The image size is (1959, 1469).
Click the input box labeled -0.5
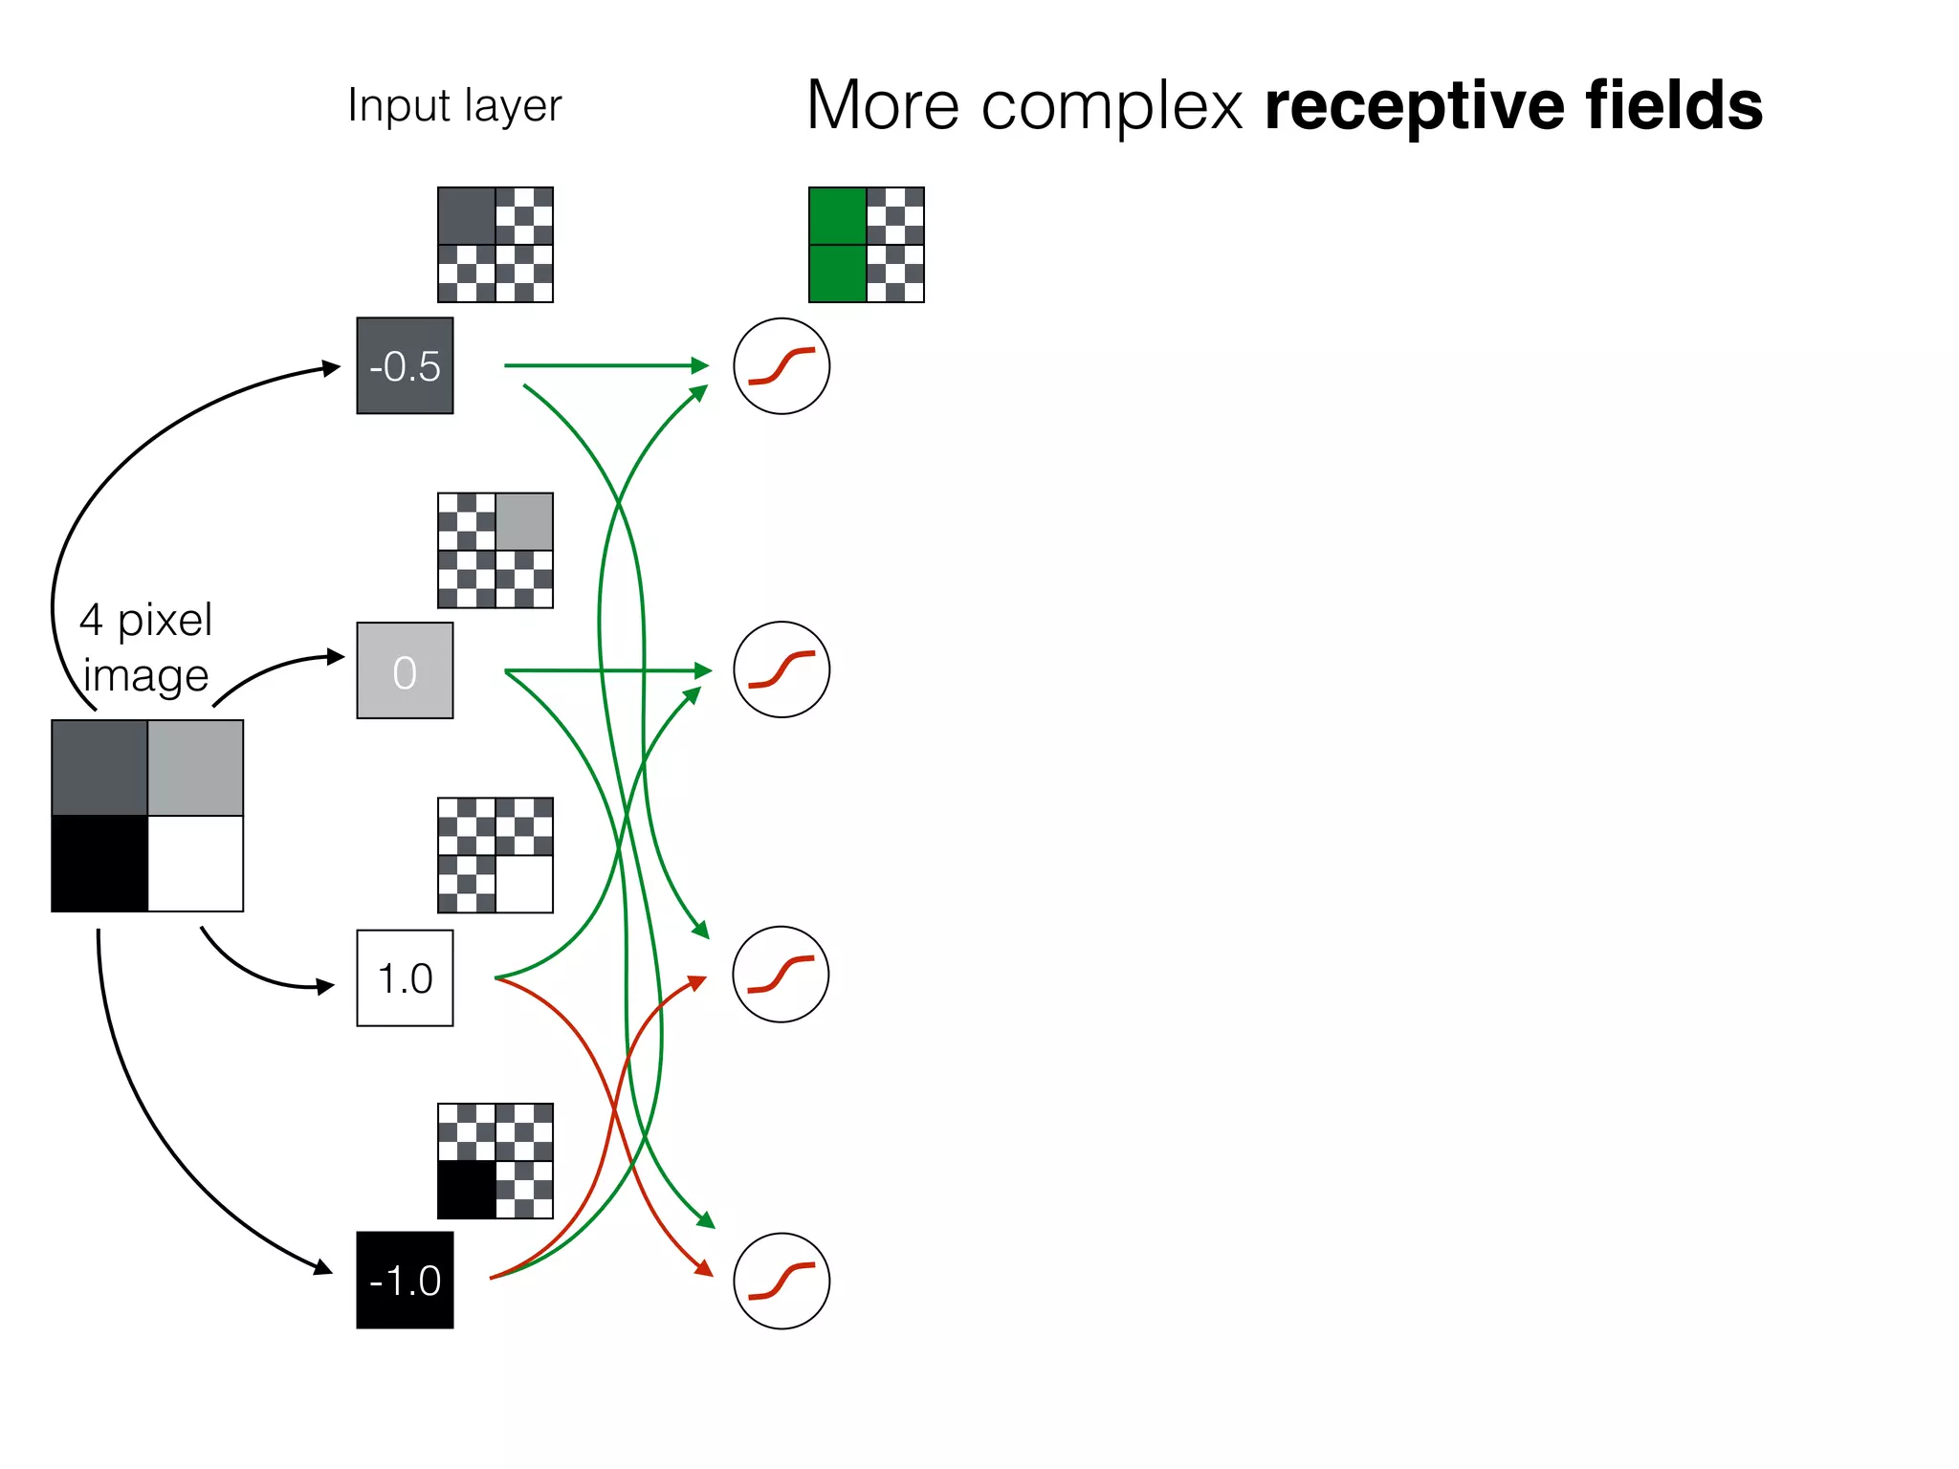[x=405, y=365]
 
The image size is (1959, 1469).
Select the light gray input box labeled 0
[x=405, y=670]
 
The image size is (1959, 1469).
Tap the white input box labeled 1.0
[x=405, y=977]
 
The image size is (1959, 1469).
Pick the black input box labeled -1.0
[x=405, y=1280]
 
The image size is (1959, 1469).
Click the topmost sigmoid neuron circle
[x=781, y=365]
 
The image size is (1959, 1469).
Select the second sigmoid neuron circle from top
[x=781, y=669]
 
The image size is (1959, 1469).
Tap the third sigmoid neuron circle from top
[x=781, y=974]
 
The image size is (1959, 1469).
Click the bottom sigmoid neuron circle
[x=781, y=1280]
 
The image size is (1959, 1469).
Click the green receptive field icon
[x=866, y=245]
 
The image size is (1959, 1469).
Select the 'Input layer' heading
[x=454, y=106]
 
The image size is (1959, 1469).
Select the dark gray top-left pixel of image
[x=99, y=768]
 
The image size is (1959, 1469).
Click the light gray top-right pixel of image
[x=195, y=768]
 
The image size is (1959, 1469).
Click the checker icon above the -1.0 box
[x=495, y=1160]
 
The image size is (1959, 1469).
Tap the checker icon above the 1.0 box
[x=495, y=855]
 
